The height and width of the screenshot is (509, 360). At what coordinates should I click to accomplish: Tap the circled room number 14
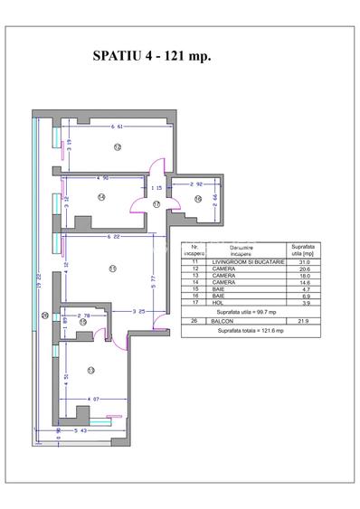coord(101,196)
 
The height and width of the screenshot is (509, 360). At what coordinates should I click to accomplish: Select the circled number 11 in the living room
coord(112,268)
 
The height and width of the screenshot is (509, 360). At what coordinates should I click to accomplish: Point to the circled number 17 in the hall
coord(156,205)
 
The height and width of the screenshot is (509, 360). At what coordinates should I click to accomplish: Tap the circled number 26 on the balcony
coord(44,315)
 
